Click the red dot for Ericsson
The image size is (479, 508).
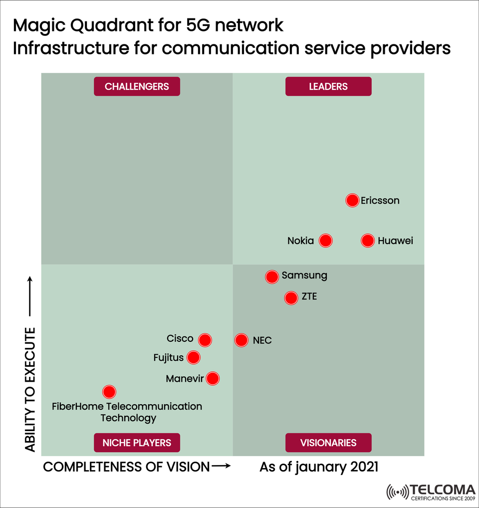pyautogui.click(x=352, y=201)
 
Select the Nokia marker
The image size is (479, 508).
pyautogui.click(x=325, y=241)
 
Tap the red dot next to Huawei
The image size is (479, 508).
pyautogui.click(x=368, y=241)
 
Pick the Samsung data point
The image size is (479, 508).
pyautogui.click(x=272, y=277)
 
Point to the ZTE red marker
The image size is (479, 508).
pyautogui.click(x=291, y=298)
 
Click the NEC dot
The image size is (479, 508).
pyautogui.click(x=241, y=340)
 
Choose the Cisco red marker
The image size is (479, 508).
pyautogui.click(x=205, y=340)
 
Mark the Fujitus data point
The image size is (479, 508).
pyautogui.click(x=194, y=357)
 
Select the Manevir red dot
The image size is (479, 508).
pyautogui.click(x=213, y=379)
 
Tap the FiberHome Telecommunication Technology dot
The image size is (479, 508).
pyautogui.click(x=109, y=392)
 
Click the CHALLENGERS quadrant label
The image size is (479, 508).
pyautogui.click(x=137, y=86)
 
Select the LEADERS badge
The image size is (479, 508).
pyautogui.click(x=328, y=86)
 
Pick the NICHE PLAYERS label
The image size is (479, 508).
pyautogui.click(x=137, y=443)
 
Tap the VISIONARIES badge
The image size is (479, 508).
pyautogui.click(x=328, y=443)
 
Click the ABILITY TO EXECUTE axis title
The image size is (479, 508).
pyautogui.click(x=31, y=390)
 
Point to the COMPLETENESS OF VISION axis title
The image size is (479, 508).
pyautogui.click(x=127, y=467)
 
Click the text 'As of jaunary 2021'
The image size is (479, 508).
pyautogui.click(x=319, y=467)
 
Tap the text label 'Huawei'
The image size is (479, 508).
pyautogui.click(x=395, y=241)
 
